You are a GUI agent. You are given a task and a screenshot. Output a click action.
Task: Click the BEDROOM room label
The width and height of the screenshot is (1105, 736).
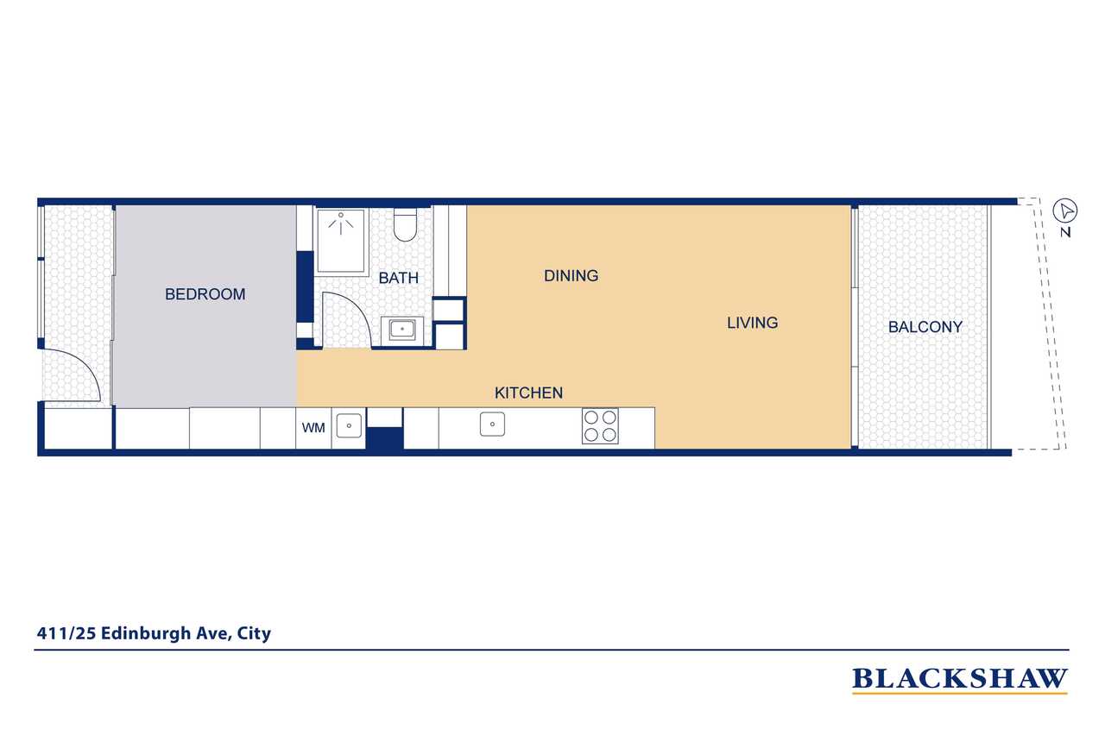click(x=205, y=294)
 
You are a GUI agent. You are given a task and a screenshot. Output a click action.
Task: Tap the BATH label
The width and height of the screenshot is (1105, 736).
click(x=398, y=278)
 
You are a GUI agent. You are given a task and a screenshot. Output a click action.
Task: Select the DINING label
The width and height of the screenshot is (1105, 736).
click(x=571, y=276)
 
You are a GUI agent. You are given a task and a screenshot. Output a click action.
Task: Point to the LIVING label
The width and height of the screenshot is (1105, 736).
click(x=752, y=323)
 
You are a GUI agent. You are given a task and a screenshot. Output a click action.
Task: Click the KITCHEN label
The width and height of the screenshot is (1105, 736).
click(x=528, y=393)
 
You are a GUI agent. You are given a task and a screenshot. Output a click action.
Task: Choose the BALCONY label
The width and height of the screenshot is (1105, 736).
click(x=925, y=328)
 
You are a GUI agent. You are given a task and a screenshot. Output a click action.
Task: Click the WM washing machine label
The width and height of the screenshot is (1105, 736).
click(x=313, y=427)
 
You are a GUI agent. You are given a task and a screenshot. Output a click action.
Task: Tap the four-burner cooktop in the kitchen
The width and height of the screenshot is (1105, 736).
click(x=600, y=426)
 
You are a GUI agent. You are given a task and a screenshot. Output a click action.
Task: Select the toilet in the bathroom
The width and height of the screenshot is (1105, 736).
click(x=405, y=225)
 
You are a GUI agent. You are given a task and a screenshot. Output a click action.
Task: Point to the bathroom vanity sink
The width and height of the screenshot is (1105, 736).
click(x=402, y=329)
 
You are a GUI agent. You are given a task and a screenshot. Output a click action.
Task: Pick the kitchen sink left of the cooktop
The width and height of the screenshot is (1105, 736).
click(x=492, y=425)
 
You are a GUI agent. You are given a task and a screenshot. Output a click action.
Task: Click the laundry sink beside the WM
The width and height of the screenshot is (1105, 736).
click(x=349, y=425)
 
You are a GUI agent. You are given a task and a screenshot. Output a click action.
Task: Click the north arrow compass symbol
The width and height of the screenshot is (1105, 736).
click(x=1066, y=211)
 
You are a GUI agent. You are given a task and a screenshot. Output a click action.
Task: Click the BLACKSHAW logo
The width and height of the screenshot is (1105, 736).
click(x=959, y=680)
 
